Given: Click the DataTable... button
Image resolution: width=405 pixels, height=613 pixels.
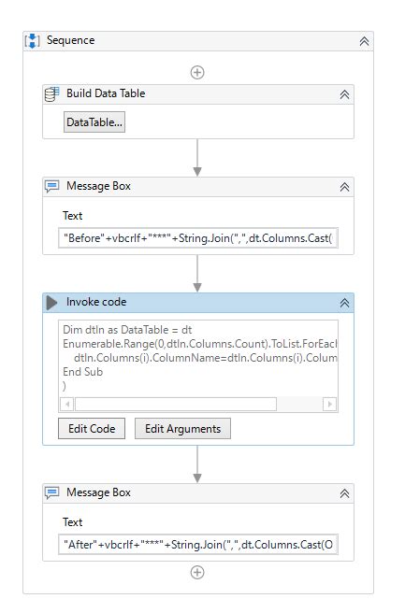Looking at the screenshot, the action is (x=94, y=122).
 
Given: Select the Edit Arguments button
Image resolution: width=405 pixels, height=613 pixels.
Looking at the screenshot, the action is (x=182, y=429).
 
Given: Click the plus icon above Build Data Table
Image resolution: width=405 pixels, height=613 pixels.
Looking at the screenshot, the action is (x=197, y=72).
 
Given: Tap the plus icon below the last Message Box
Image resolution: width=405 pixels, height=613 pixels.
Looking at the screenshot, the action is (x=197, y=572).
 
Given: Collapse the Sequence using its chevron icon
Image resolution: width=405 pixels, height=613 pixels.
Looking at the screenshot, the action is (x=364, y=41).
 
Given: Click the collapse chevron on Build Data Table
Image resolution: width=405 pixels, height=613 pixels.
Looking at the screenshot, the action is (x=344, y=94).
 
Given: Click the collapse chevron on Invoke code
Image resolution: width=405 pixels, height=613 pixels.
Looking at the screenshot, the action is (x=344, y=303).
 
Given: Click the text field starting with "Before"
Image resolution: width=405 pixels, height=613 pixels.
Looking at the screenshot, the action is (x=198, y=238).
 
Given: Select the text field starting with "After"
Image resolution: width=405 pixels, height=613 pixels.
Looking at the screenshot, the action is (x=198, y=545).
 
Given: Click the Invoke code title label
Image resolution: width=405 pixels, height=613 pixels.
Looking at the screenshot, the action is (x=96, y=302).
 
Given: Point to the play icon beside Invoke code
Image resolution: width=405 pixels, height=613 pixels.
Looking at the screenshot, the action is (x=51, y=303).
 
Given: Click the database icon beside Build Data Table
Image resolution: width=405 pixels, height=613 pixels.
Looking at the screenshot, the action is (x=51, y=94).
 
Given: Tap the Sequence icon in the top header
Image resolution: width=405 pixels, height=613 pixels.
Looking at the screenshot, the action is (x=32, y=41).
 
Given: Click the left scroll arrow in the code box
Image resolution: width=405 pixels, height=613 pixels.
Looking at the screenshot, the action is (x=67, y=404).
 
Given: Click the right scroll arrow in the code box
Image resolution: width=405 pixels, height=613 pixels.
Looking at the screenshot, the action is (x=329, y=404).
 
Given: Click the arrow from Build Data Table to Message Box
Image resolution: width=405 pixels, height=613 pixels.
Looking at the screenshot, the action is (x=197, y=158).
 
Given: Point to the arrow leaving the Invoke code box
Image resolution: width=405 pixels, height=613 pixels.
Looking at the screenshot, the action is (x=197, y=464).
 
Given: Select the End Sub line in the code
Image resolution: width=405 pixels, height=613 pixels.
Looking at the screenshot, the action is (x=83, y=372).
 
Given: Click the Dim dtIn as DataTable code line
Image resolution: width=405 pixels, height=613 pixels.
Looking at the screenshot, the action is (x=127, y=330).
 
